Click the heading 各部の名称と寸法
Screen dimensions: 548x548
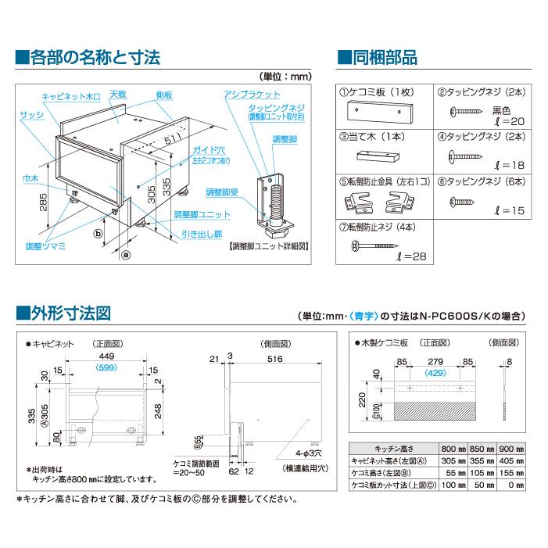(x=94, y=57)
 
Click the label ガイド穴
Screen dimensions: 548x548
(x=185, y=148)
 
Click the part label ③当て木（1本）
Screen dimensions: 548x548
(x=371, y=135)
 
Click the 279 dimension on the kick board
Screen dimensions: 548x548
(x=435, y=361)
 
